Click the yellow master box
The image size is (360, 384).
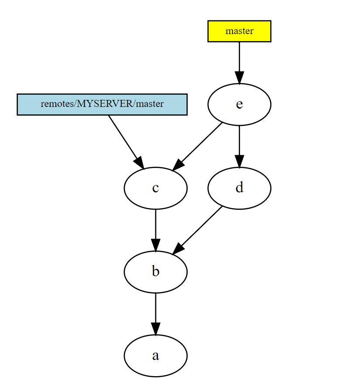click(x=239, y=31)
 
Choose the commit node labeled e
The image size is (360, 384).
click(x=239, y=105)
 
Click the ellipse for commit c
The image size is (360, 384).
click(x=155, y=188)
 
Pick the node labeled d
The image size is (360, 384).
click(x=239, y=188)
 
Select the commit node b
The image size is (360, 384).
click(x=155, y=272)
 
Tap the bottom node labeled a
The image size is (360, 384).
click(x=155, y=356)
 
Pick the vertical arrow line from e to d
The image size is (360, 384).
click(x=239, y=140)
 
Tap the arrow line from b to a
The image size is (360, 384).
click(x=155, y=307)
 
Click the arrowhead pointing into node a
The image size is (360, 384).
click(x=155, y=329)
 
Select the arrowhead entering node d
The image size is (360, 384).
click(x=239, y=161)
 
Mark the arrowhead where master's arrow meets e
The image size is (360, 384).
click(x=239, y=77)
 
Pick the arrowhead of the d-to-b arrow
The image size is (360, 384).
click(x=178, y=248)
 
